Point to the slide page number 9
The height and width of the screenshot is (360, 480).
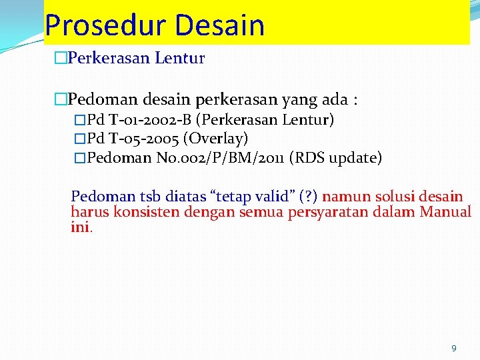(x=454, y=348)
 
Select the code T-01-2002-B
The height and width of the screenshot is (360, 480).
(x=151, y=120)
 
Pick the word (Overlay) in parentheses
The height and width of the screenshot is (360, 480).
(x=216, y=139)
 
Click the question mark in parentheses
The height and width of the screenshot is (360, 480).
(x=308, y=197)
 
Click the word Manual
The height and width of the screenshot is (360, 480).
(x=445, y=212)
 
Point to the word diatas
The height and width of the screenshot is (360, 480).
(x=182, y=197)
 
